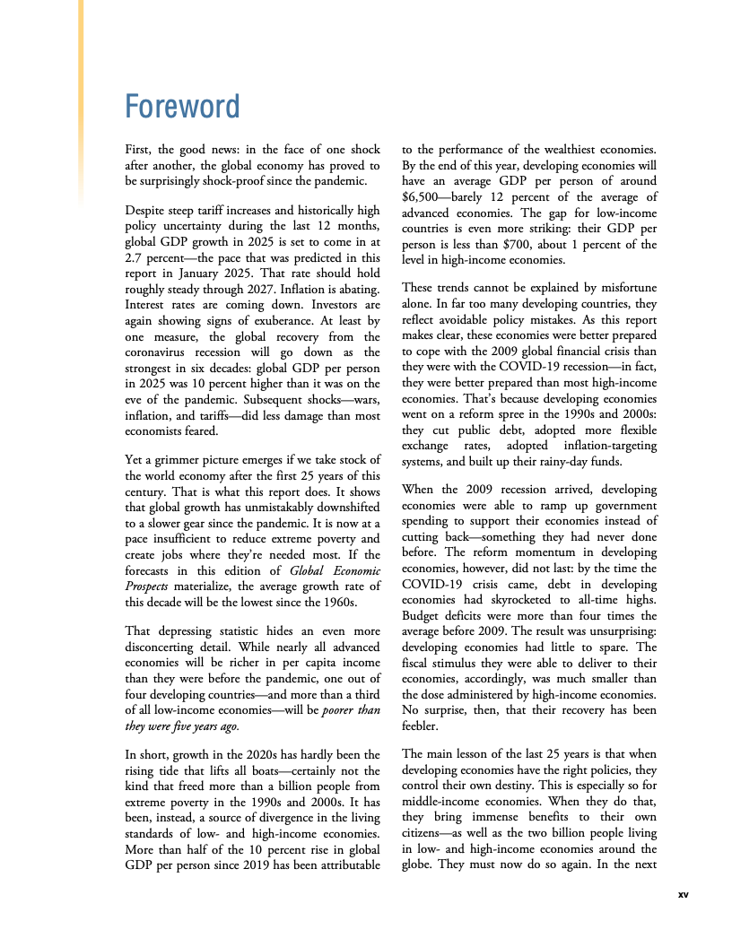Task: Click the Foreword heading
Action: [x=182, y=107]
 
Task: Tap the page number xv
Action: [x=683, y=894]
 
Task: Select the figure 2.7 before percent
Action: [x=134, y=257]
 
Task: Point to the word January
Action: [x=211, y=273]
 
